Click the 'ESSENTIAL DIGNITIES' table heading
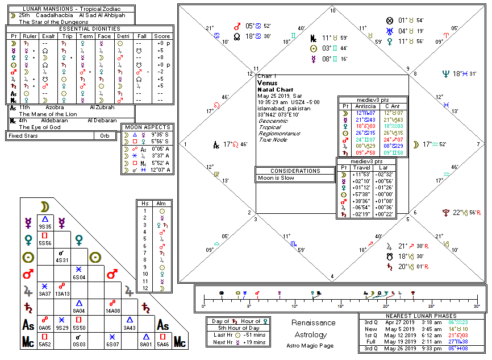[90, 28]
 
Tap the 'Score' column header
[162, 36]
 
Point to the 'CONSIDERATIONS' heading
[295, 171]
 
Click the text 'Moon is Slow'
[277, 178]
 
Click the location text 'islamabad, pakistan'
[284, 108]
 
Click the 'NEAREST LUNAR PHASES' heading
[422, 316]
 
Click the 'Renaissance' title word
[313, 323]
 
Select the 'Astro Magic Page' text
[313, 345]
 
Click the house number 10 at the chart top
[332, 11]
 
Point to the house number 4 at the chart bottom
[332, 277]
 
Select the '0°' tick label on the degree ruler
[203, 306]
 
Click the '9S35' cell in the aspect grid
[45, 226]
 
